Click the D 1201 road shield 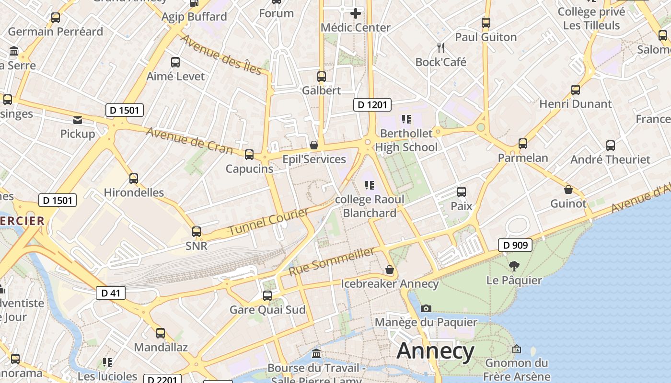(372, 105)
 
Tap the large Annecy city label (435, 351)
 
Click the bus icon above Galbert (321, 76)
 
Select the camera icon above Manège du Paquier (426, 308)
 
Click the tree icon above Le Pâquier (514, 266)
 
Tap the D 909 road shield (515, 246)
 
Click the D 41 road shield (111, 293)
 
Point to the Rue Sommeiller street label (332, 261)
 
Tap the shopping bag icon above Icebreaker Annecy (390, 270)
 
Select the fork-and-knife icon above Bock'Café (441, 48)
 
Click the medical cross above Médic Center (355, 13)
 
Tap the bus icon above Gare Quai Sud (267, 296)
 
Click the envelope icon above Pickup (78, 120)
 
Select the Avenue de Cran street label (189, 141)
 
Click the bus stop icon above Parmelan (522, 144)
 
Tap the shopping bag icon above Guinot (568, 190)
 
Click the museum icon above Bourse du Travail (316, 354)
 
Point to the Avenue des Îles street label (221, 55)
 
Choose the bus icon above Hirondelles (134, 179)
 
